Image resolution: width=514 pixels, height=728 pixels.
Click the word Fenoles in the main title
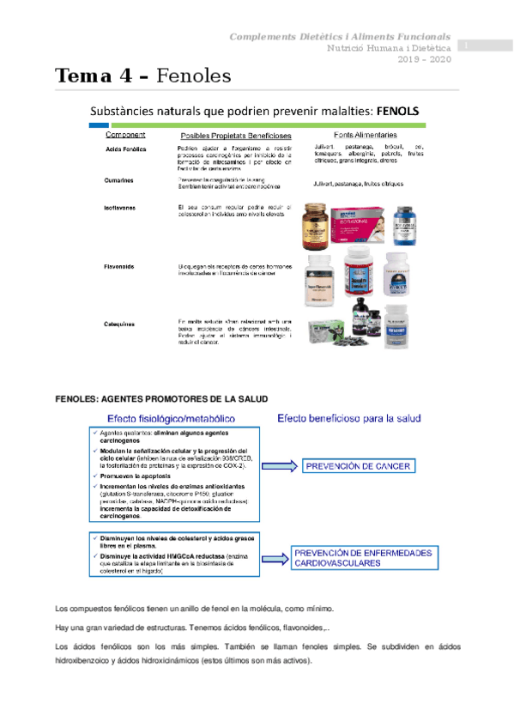click(x=195, y=76)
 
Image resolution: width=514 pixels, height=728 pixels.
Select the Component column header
click(x=124, y=136)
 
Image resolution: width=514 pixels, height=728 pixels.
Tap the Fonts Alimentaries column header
click(x=365, y=136)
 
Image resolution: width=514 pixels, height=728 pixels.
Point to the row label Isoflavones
click(x=120, y=209)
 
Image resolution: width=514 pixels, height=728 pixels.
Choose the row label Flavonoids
click(x=119, y=266)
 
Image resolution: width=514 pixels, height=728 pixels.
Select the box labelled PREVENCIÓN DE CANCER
click(x=357, y=466)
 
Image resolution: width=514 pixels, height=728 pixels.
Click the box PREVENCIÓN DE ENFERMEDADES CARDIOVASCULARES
click(x=363, y=558)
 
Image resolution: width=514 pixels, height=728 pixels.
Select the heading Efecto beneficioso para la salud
click(x=348, y=418)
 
